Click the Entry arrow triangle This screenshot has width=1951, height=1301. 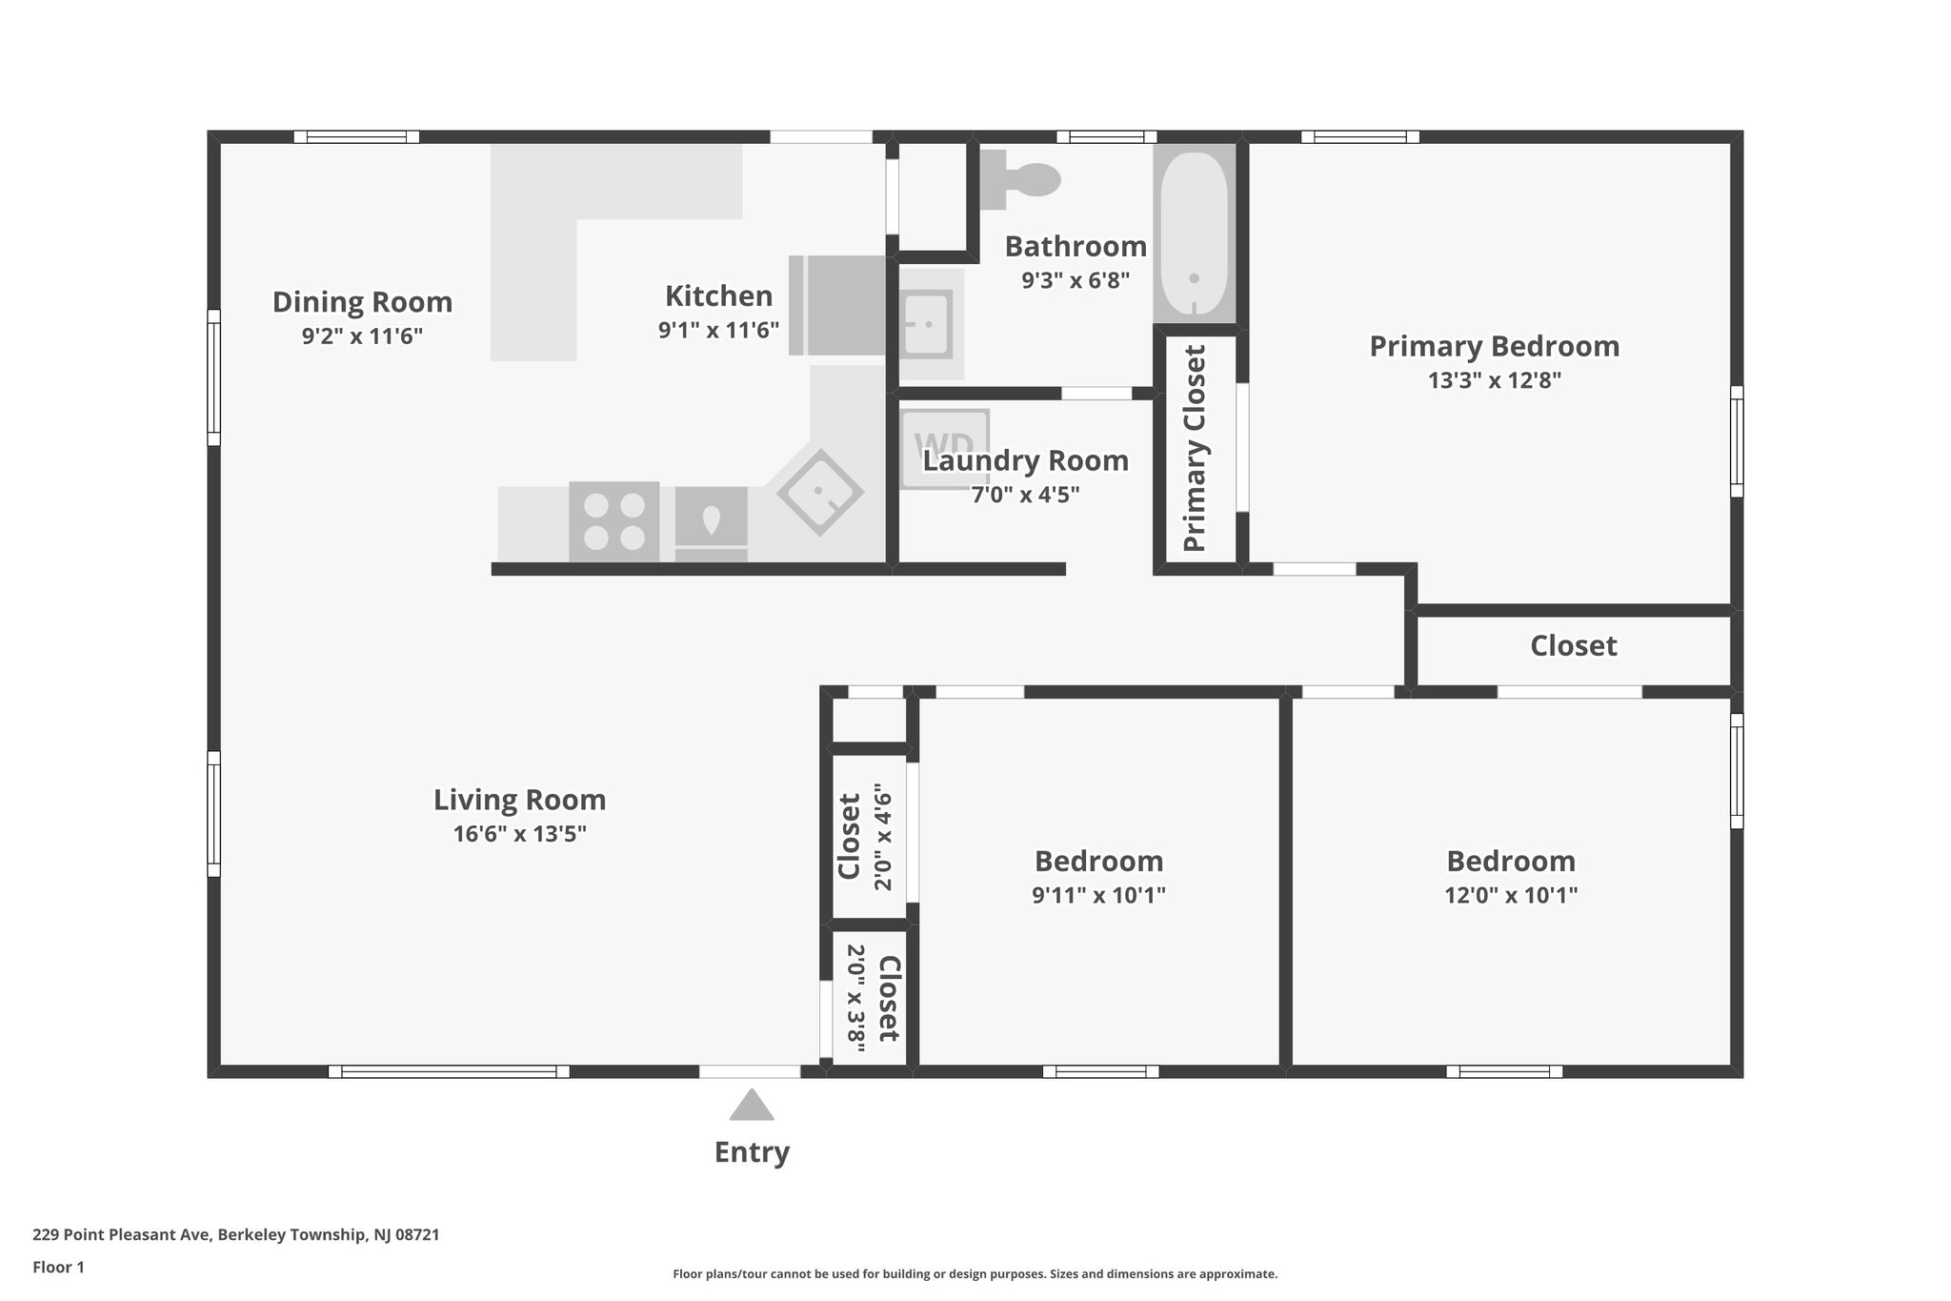tap(752, 1106)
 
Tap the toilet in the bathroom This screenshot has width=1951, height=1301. tap(1021, 179)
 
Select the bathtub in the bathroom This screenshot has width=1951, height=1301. tap(1194, 233)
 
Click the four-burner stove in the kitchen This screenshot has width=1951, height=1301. tap(613, 521)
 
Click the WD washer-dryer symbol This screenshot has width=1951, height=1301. tap(944, 446)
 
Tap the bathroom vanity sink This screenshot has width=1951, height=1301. tap(926, 324)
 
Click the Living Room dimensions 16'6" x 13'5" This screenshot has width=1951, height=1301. tap(519, 834)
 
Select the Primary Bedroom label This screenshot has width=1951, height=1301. tap(1494, 346)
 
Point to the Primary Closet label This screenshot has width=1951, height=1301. tap(1195, 448)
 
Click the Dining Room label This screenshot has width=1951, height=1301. tap(362, 302)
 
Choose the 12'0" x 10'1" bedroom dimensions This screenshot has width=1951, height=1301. tap(1511, 895)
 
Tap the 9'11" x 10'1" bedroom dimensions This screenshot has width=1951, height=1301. tap(1098, 895)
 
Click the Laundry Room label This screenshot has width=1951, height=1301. tap(1025, 461)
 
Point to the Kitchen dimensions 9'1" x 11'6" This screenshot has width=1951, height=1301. tap(718, 331)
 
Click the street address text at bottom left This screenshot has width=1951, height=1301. tap(235, 1235)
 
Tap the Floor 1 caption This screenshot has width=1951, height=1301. tap(58, 1268)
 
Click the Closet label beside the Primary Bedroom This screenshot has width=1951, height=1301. tap(1573, 646)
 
